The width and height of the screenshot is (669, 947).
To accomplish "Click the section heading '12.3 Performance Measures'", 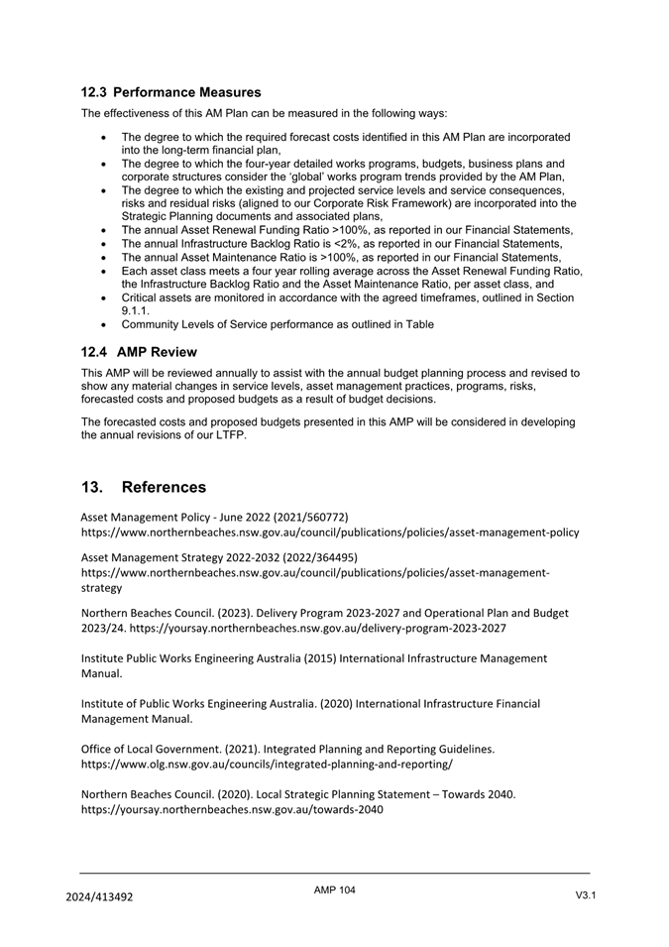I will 170,92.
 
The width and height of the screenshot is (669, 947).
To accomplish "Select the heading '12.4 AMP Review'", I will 139,352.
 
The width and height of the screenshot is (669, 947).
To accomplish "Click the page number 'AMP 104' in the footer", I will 334,890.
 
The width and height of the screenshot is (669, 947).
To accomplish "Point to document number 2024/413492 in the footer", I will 99,897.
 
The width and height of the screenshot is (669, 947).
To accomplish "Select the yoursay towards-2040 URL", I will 232,809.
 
